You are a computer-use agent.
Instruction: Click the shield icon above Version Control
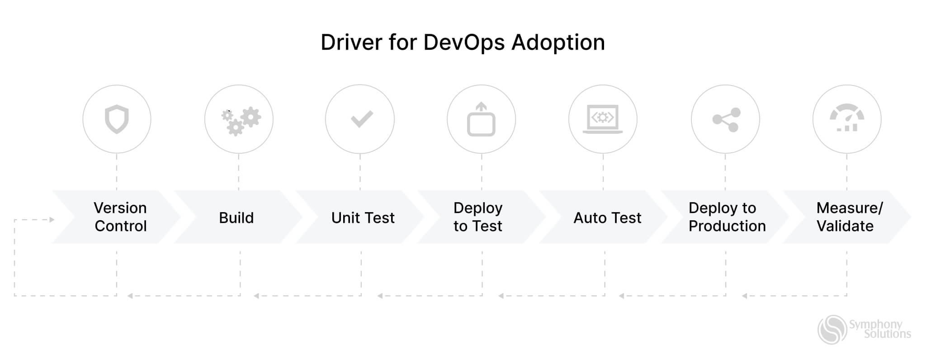[117, 119]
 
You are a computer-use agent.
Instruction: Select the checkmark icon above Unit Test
[361, 119]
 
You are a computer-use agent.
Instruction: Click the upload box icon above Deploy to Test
[481, 119]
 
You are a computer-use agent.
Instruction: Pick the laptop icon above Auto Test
[602, 119]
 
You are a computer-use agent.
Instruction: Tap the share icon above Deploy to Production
[726, 119]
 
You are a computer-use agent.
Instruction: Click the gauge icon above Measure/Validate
[846, 118]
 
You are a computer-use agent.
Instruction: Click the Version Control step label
[120, 217]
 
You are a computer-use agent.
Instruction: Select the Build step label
[236, 218]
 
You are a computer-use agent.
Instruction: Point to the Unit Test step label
[363, 218]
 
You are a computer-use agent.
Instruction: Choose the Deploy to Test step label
[478, 217]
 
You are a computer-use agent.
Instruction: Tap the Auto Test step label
[607, 218]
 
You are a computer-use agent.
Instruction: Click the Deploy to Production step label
[727, 217]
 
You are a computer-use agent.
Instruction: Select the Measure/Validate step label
[849, 217]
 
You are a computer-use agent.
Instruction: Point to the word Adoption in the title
[558, 43]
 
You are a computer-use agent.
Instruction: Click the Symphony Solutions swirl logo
[832, 330]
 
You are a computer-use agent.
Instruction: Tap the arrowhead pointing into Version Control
[52, 220]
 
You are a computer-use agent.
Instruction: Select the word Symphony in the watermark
[875, 324]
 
